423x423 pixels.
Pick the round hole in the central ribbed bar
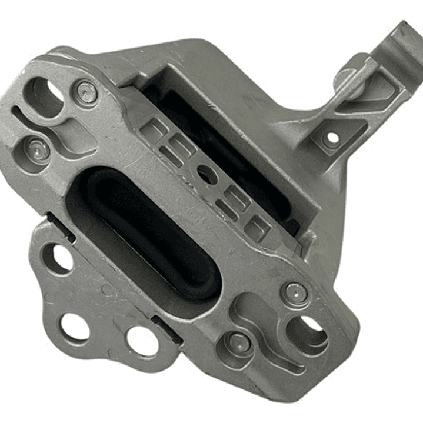pyautogui.click(x=206, y=174)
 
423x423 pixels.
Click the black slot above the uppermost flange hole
pyautogui.click(x=61, y=227)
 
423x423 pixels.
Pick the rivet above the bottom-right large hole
pyautogui.click(x=295, y=292)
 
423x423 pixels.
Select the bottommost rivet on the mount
pyautogui.click(x=238, y=342)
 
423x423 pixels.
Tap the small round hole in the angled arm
pyautogui.click(x=331, y=139)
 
